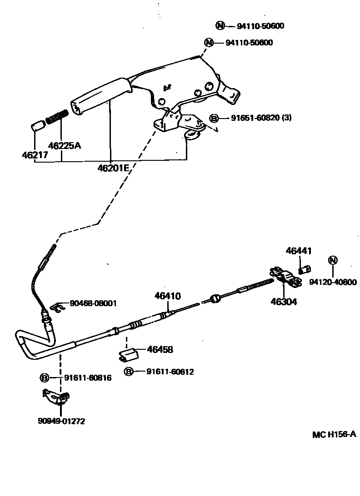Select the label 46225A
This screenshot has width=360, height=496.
click(64, 145)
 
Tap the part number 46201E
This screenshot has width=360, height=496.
click(114, 168)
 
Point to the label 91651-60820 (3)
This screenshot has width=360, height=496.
click(261, 118)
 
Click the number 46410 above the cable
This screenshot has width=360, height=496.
click(167, 296)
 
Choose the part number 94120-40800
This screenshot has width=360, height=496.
click(333, 282)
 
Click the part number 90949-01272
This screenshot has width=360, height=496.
click(61, 421)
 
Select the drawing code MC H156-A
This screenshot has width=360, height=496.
click(334, 434)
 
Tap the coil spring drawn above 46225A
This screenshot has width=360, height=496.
click(57, 118)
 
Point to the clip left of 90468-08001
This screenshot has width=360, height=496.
click(56, 308)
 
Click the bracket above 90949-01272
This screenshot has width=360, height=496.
click(55, 397)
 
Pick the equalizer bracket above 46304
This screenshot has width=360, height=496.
click(285, 277)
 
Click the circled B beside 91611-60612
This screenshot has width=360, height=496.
click(129, 372)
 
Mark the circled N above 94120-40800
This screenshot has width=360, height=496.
click(333, 260)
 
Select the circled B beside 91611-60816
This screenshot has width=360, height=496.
click(45, 377)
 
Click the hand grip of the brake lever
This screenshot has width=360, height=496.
click(100, 94)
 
